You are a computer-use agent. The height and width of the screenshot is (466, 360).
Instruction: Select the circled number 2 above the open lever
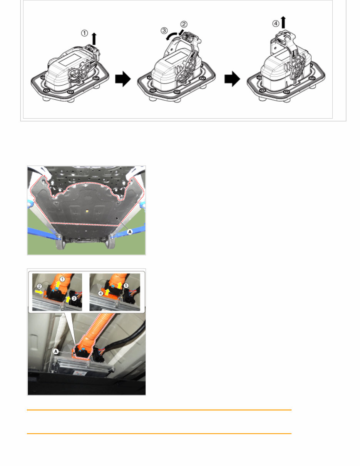pos(184,24)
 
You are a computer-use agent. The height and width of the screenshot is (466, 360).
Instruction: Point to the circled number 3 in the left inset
pos(74,298)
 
